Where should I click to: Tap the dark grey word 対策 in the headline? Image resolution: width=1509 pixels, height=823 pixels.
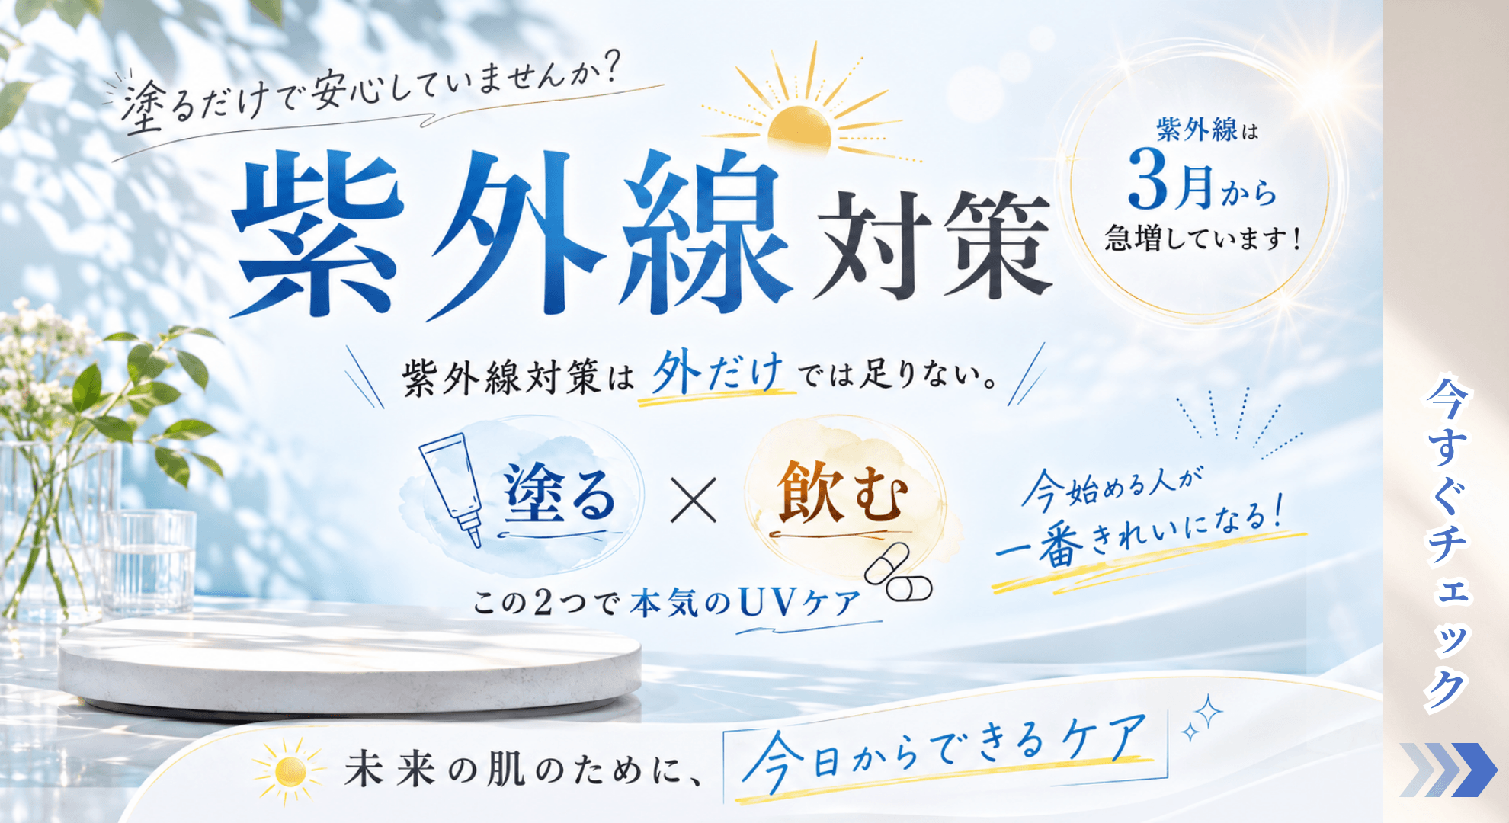tap(934, 244)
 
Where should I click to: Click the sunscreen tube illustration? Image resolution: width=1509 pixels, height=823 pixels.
tap(453, 488)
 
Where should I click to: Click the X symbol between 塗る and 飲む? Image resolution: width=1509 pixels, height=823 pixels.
tap(694, 500)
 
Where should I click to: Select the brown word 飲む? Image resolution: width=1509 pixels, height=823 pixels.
tap(843, 494)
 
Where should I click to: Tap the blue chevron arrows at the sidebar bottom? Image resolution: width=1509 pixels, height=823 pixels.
tap(1448, 770)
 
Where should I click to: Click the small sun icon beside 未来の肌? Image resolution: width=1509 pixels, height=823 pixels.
tap(289, 770)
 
